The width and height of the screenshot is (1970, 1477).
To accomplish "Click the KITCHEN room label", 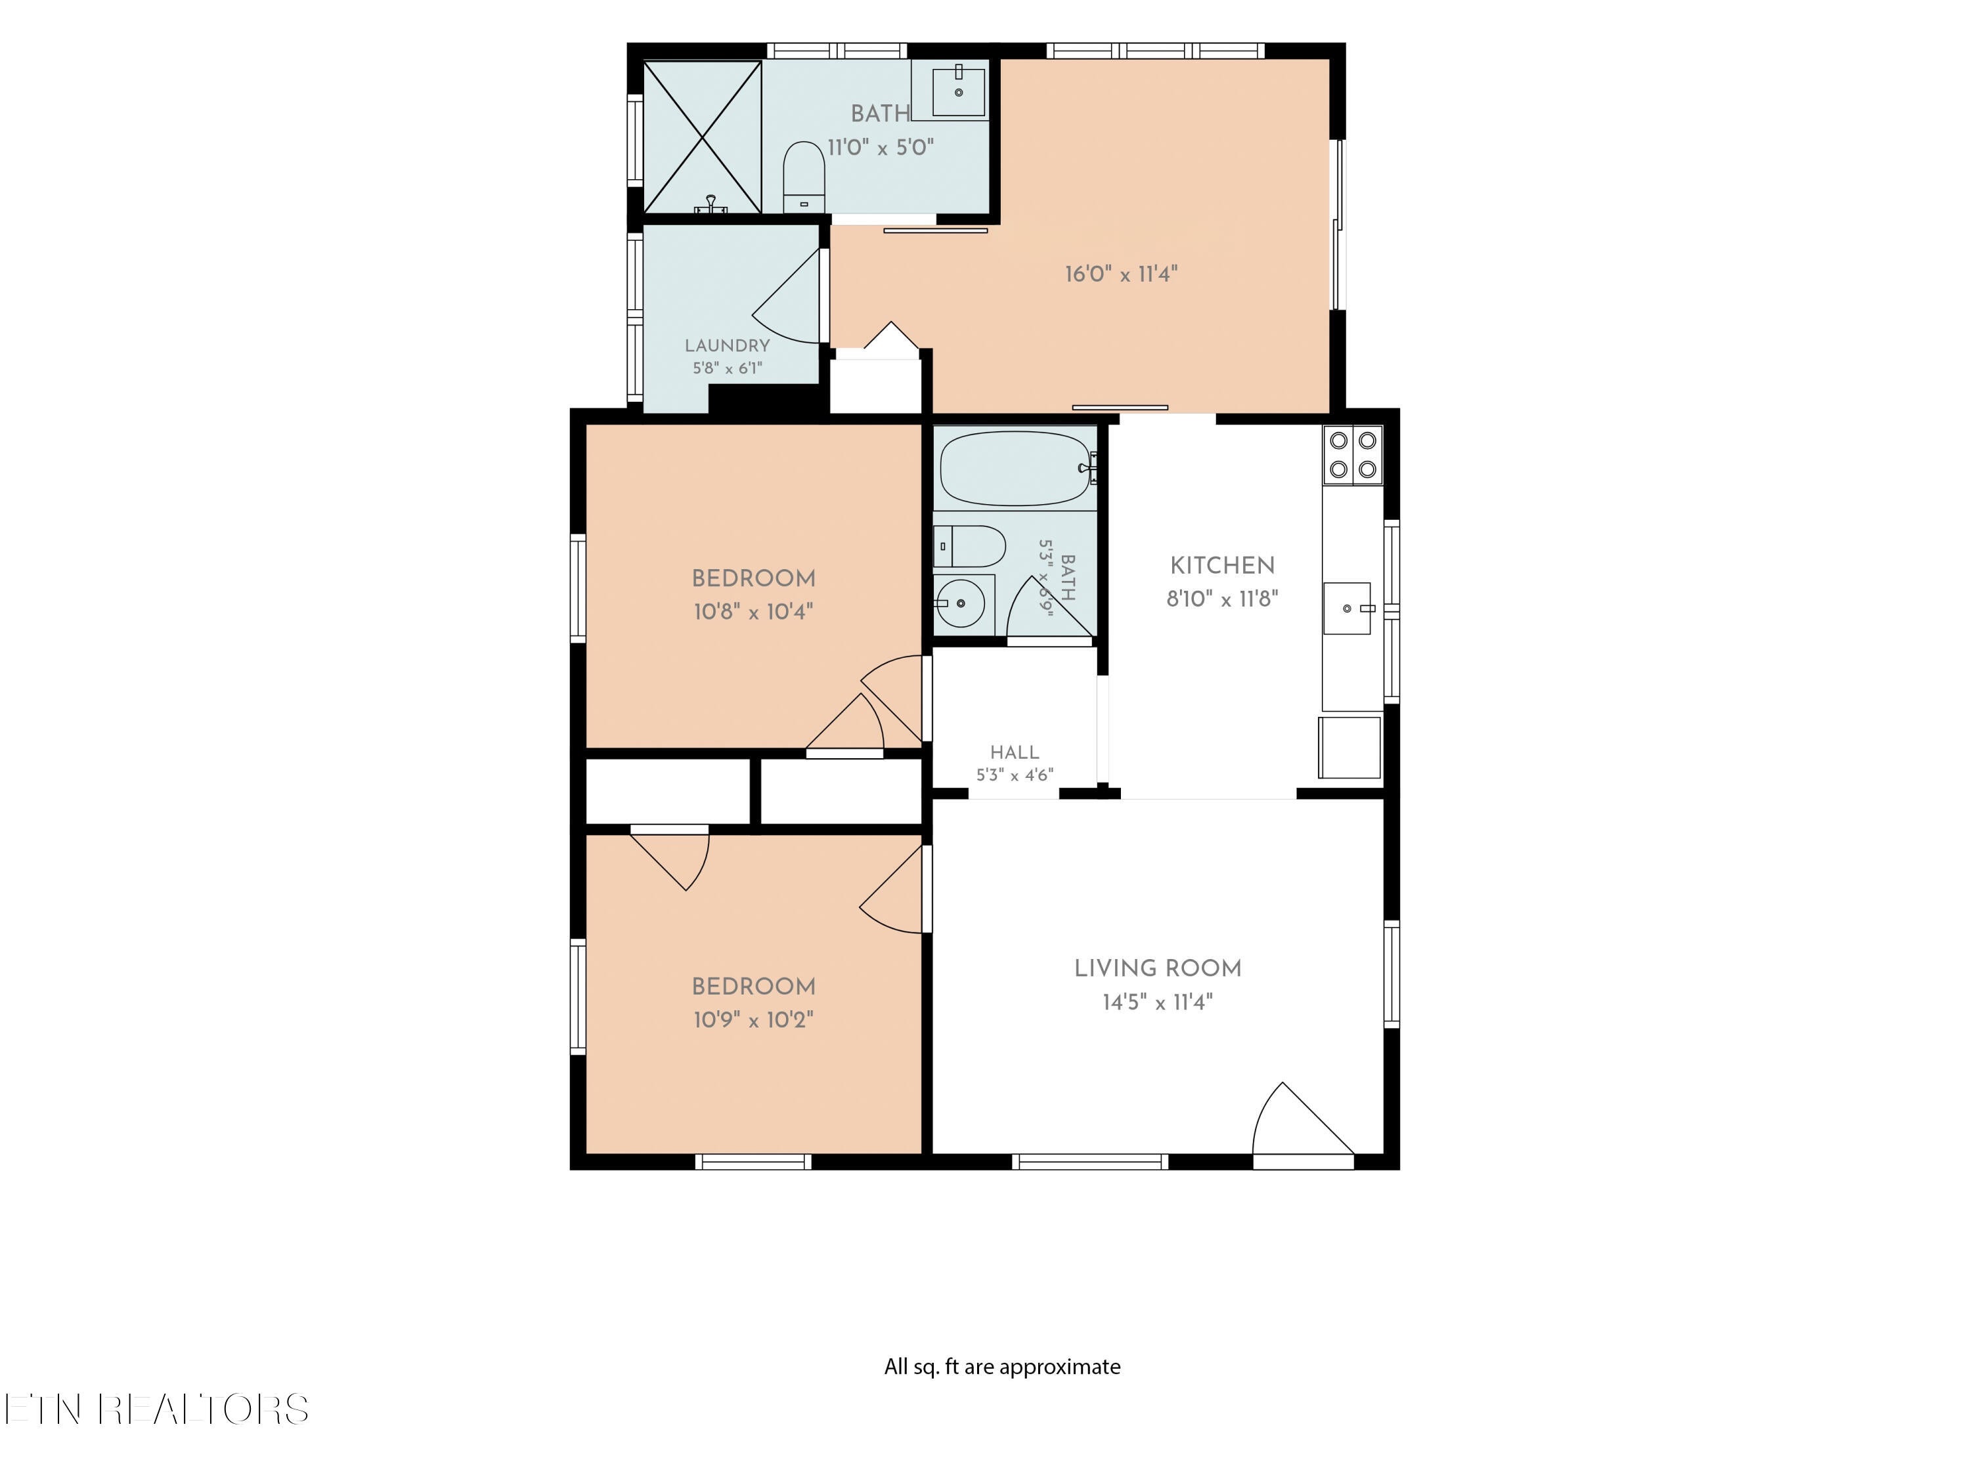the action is pyautogui.click(x=1222, y=565).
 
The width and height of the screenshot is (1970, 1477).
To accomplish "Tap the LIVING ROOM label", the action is pyautogui.click(x=1158, y=968).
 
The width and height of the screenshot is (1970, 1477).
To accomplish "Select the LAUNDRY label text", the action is pyautogui.click(x=727, y=345).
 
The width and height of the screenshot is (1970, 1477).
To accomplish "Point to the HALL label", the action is pyautogui.click(x=1015, y=752).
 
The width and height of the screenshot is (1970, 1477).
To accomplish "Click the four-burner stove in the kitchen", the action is pyautogui.click(x=1353, y=455).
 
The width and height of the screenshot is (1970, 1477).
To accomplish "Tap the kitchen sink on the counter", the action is pyautogui.click(x=1347, y=608).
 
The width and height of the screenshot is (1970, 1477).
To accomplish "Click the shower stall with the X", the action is pyautogui.click(x=702, y=137).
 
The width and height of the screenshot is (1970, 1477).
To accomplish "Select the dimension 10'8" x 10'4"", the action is pyautogui.click(x=753, y=612).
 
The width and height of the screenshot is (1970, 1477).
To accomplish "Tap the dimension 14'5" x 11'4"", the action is pyautogui.click(x=1157, y=1002).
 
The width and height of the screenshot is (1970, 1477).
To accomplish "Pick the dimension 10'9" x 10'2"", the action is pyautogui.click(x=753, y=1019).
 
